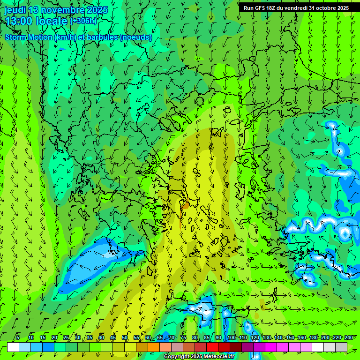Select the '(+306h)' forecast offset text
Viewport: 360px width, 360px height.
pyautogui.click(x=83, y=21)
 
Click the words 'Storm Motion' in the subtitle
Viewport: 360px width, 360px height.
pyautogui.click(x=29, y=37)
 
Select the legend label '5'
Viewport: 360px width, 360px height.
pyautogui.click(x=18, y=337)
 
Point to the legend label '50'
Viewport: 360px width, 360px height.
pyautogui.click(x=125, y=337)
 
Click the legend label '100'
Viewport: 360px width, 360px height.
pyautogui.click(x=231, y=337)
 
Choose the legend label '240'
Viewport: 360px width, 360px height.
pyautogui.click(x=348, y=337)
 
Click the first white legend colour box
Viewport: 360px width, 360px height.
pyautogui.click(x=13, y=347)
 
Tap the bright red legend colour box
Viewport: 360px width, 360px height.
pyautogui.click(x=212, y=347)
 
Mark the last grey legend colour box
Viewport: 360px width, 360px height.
pyautogui.click(x=341, y=347)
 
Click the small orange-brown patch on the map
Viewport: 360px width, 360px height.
pyautogui.click(x=186, y=205)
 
